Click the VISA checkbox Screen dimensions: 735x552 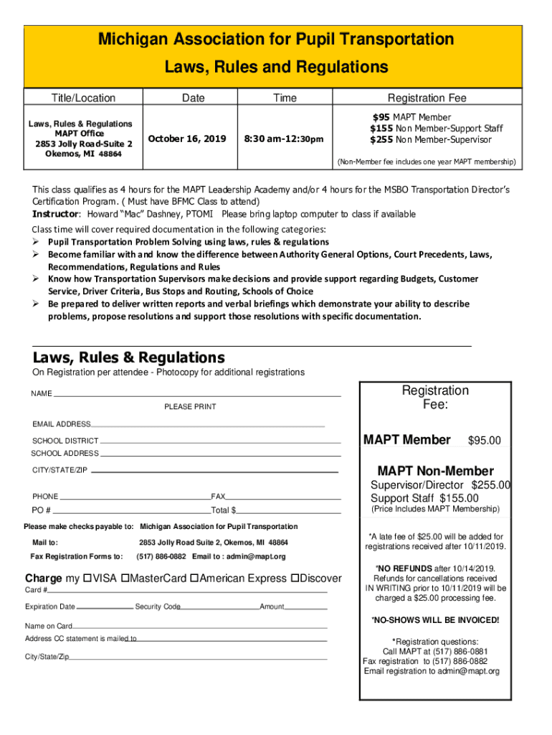[x=87, y=579]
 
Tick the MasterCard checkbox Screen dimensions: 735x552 [x=125, y=579]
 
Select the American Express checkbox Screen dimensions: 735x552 [x=194, y=579]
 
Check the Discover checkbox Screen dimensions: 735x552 [x=294, y=579]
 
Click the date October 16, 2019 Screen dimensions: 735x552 [x=186, y=139]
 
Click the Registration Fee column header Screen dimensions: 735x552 [x=427, y=98]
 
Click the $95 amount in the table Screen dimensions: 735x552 [x=381, y=117]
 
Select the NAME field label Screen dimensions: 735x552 [x=41, y=394]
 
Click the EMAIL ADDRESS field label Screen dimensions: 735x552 [x=61, y=424]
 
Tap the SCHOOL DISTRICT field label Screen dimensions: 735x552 [x=65, y=440]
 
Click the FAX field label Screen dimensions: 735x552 [x=218, y=496]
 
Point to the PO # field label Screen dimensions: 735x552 [x=42, y=510]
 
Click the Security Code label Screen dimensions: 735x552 [x=158, y=607]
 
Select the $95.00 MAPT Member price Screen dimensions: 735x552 [x=484, y=441]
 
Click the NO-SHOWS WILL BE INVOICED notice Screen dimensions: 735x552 [x=435, y=620]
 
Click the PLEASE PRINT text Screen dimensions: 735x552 [x=190, y=407]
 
